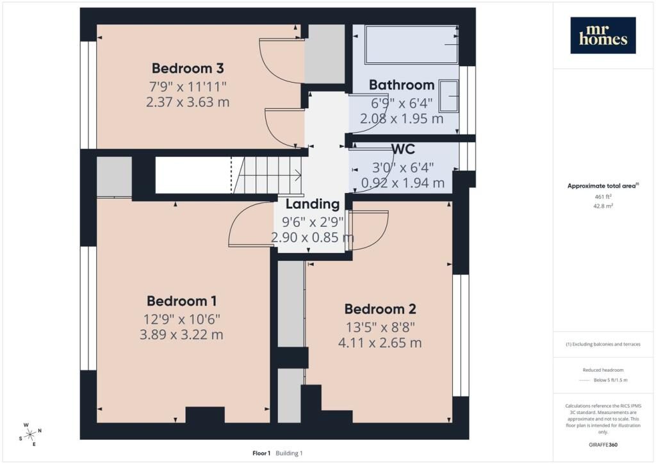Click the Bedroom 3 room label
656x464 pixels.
[188, 68]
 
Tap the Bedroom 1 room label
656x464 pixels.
[181, 301]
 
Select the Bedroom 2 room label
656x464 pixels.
[380, 309]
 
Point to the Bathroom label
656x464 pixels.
[402, 85]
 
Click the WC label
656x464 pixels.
[403, 149]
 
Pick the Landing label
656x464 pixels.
[313, 204]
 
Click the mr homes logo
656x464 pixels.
[603, 35]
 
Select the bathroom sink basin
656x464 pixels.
[448, 96]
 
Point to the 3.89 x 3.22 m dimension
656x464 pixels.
[181, 335]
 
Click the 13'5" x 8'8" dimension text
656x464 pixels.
[380, 327]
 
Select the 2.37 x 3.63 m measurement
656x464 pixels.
[188, 102]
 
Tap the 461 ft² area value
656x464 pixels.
[603, 196]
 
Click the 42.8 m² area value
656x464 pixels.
[603, 206]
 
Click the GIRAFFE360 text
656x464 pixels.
[603, 445]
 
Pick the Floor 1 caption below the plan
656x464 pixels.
[261, 453]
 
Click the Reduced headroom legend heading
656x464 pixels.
[603, 370]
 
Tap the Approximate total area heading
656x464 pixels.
[603, 186]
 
